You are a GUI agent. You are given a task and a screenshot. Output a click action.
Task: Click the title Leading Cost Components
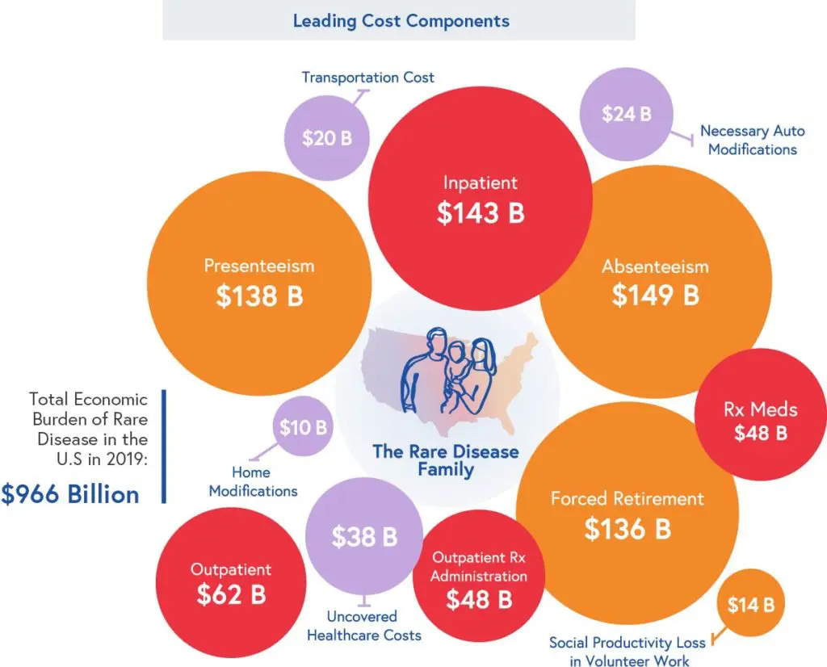401,21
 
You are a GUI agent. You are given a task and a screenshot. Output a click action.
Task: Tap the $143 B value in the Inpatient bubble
481,212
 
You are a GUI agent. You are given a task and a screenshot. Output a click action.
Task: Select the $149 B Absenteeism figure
655,295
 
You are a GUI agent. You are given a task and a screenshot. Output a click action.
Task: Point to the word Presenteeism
259,266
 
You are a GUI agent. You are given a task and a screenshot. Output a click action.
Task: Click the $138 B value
259,296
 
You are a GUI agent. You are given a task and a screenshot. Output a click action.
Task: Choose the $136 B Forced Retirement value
628,529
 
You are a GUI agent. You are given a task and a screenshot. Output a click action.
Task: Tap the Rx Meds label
760,409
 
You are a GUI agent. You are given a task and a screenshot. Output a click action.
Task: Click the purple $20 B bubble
327,138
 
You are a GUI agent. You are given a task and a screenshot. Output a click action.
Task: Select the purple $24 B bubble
626,114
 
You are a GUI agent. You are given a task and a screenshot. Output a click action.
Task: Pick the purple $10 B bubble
303,427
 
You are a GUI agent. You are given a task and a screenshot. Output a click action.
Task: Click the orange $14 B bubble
750,604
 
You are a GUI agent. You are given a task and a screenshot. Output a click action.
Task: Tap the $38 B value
364,537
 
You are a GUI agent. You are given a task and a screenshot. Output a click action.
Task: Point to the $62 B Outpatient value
231,595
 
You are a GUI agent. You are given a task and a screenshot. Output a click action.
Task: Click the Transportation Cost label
367,78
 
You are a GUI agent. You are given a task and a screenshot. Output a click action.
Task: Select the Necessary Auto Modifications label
752,140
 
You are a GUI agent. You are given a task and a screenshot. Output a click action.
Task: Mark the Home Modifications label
253,481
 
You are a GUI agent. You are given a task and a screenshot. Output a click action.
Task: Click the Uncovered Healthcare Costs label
363,626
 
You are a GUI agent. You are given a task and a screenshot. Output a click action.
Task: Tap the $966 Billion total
70,494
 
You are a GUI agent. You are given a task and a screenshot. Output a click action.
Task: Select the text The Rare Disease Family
445,459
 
